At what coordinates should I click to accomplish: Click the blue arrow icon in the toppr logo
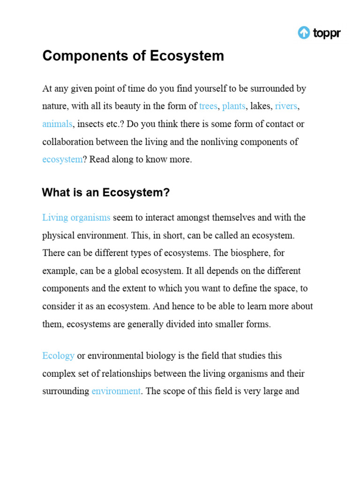[x=304, y=33]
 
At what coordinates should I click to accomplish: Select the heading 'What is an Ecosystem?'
[x=105, y=193]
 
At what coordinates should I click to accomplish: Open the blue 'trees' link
[x=208, y=106]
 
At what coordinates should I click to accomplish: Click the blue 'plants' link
[x=233, y=106]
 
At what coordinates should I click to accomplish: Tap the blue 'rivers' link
[x=286, y=106]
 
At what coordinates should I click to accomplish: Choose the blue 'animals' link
[x=57, y=124]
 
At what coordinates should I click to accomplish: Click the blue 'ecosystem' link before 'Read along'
[x=62, y=159]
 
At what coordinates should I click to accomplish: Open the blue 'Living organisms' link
[x=76, y=217]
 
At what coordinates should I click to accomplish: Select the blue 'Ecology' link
[x=58, y=356]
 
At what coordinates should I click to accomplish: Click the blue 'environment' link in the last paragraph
[x=116, y=391]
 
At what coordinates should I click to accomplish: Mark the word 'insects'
[x=92, y=124]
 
